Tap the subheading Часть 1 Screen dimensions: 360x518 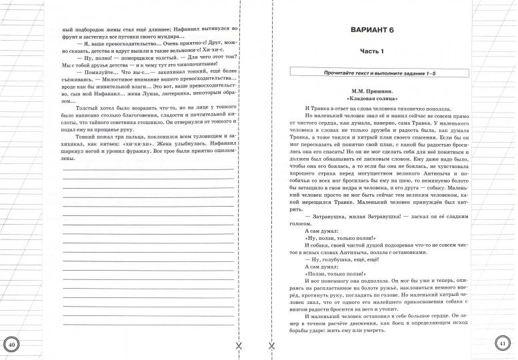pyautogui.click(x=383, y=52)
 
